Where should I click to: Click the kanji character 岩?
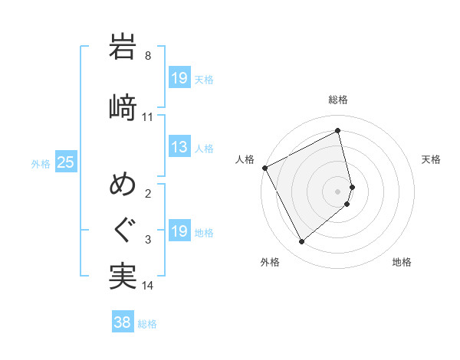pyautogui.click(x=123, y=47)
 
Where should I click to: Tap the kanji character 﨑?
pyautogui.click(x=123, y=106)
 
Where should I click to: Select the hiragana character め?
pyautogui.click(x=123, y=184)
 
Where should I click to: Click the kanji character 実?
pyautogui.click(x=123, y=277)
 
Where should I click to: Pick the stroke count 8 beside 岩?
pyautogui.click(x=148, y=56)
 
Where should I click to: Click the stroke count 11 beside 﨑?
pyautogui.click(x=148, y=117)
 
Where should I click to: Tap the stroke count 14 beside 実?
pyautogui.click(x=148, y=286)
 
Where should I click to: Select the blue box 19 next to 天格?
pyautogui.click(x=179, y=78)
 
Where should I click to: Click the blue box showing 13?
pyautogui.click(x=179, y=147)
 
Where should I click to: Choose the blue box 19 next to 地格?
pyautogui.click(x=179, y=232)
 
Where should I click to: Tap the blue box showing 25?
pyautogui.click(x=65, y=162)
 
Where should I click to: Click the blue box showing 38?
pyautogui.click(x=122, y=322)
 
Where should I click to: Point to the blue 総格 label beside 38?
pyautogui.click(x=147, y=324)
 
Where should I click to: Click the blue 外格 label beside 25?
pyautogui.click(x=41, y=164)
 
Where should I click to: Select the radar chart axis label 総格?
pyautogui.click(x=338, y=100)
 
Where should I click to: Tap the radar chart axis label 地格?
pyautogui.click(x=402, y=263)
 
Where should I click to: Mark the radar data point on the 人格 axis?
pyautogui.click(x=264, y=168)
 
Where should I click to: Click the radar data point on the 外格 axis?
pyautogui.click(x=301, y=242)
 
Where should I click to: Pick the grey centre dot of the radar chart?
pyautogui.click(x=338, y=191)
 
